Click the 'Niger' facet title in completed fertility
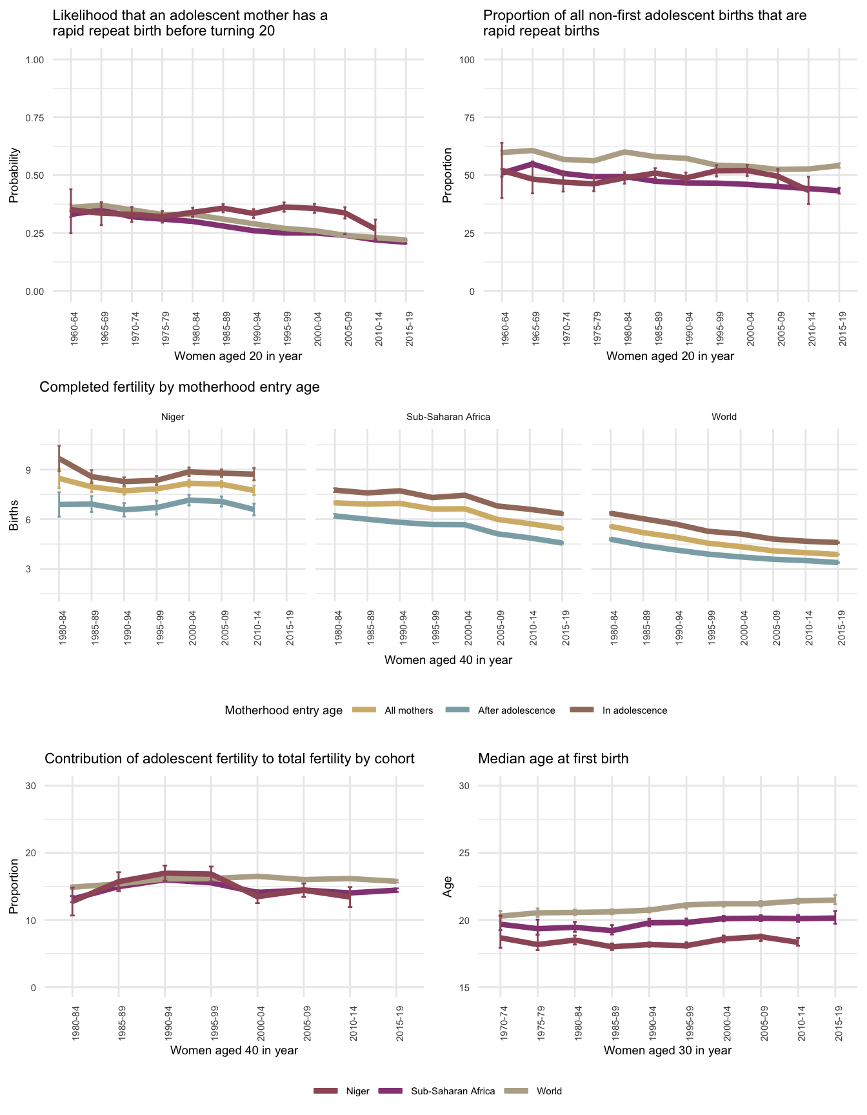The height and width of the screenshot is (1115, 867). [172, 417]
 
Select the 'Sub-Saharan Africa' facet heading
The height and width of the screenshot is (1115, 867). [448, 417]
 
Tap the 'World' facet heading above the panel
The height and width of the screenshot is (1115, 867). [724, 417]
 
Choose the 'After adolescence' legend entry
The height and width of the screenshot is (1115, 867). [516, 710]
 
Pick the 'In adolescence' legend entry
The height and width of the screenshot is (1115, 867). [634, 710]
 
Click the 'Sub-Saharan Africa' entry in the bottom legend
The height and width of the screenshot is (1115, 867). [452, 1091]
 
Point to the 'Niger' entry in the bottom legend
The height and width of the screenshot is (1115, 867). [357, 1091]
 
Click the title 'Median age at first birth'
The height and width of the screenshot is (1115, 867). [553, 759]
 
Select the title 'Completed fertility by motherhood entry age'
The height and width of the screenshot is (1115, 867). [179, 387]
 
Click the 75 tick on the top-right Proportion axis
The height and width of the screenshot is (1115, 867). [467, 117]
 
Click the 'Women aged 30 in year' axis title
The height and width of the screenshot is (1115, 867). [668, 1050]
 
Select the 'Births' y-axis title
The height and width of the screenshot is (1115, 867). [14, 519]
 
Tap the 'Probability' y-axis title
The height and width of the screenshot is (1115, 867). [14, 176]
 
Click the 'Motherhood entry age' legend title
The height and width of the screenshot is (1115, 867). [283, 710]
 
